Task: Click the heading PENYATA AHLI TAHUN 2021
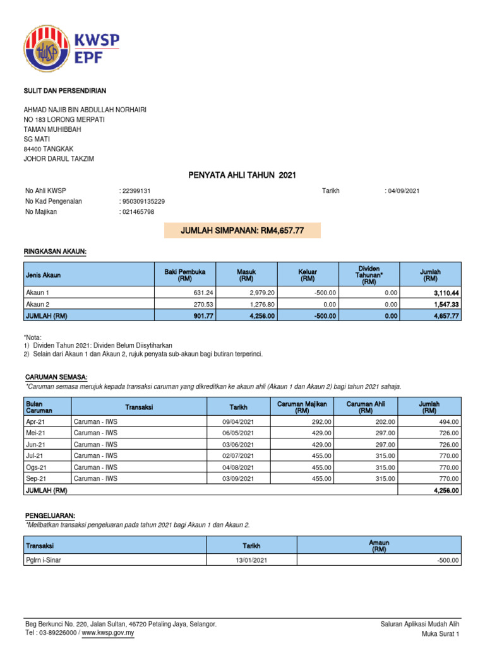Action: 242,175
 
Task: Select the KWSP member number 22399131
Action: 135,191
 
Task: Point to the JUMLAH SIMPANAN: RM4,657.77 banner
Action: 242,231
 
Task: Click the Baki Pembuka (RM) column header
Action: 185,274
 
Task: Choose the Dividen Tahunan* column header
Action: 369,274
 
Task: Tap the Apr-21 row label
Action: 35,421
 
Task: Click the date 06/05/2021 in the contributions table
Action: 237,433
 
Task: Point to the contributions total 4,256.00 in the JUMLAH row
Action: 445,490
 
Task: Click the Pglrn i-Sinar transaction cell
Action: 44,560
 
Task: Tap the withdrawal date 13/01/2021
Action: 251,560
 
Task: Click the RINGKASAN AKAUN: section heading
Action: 55,252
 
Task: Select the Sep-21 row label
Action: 35,479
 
